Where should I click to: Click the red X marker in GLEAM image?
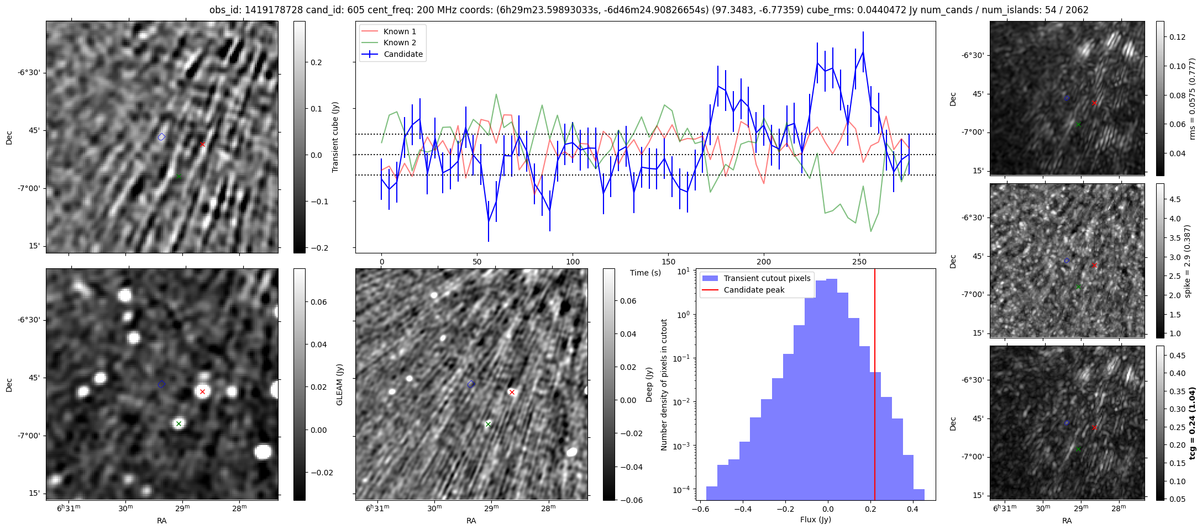pos(202,392)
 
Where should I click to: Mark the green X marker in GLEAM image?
pos(179,424)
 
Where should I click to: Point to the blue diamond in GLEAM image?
pos(161,384)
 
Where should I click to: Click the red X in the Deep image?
pos(512,393)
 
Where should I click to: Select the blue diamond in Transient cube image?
pos(161,137)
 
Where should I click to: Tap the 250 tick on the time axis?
pos(859,262)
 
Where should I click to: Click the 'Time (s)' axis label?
pos(645,273)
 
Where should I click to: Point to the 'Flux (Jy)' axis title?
pos(815,520)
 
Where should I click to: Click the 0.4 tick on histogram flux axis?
pos(912,509)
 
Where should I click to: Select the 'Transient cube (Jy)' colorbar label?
pos(335,137)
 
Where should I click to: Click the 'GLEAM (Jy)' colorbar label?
pos(339,384)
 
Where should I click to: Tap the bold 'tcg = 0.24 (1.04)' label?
pos(1193,423)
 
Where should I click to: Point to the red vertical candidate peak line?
pos(875,386)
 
